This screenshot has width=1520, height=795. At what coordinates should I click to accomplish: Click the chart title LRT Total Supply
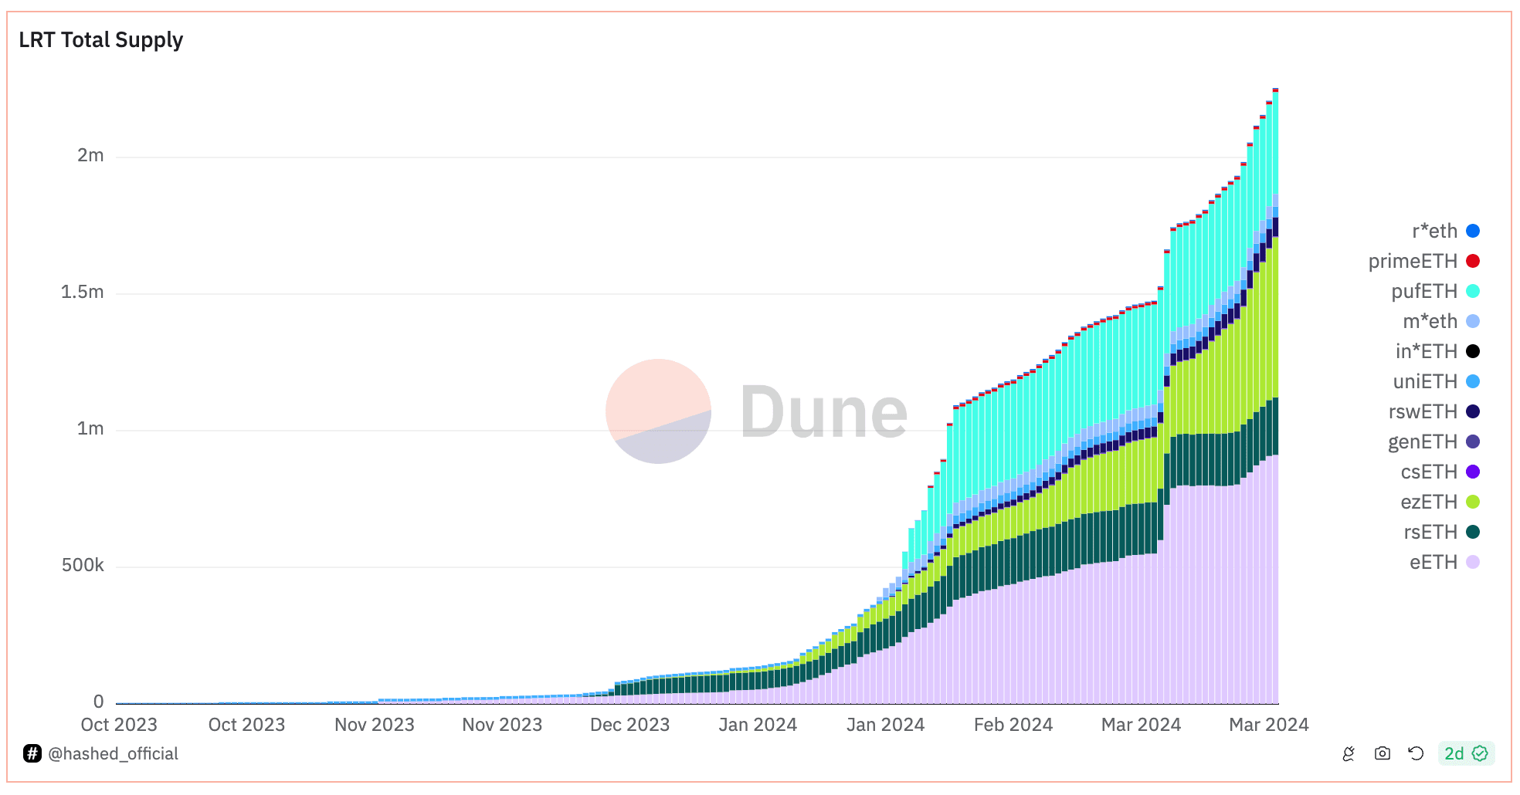(x=101, y=40)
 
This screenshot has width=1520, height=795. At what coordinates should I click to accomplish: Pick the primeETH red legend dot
(x=1473, y=261)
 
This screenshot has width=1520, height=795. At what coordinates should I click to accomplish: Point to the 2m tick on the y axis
(x=90, y=155)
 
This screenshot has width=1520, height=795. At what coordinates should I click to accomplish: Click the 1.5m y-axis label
(x=83, y=292)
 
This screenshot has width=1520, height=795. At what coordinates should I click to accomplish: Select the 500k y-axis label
(x=83, y=565)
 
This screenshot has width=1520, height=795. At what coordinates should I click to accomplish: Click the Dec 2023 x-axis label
(x=629, y=725)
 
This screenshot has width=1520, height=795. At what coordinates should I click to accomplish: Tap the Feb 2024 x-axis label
(x=1013, y=725)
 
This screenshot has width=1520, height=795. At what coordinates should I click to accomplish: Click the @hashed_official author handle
(x=113, y=753)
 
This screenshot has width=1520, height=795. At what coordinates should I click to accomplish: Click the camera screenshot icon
(x=1383, y=753)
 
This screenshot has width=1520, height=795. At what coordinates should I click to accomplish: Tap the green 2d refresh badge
(x=1465, y=753)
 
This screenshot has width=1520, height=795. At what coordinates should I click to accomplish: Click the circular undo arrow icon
(x=1416, y=753)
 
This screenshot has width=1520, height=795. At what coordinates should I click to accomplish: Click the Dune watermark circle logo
(x=658, y=411)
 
